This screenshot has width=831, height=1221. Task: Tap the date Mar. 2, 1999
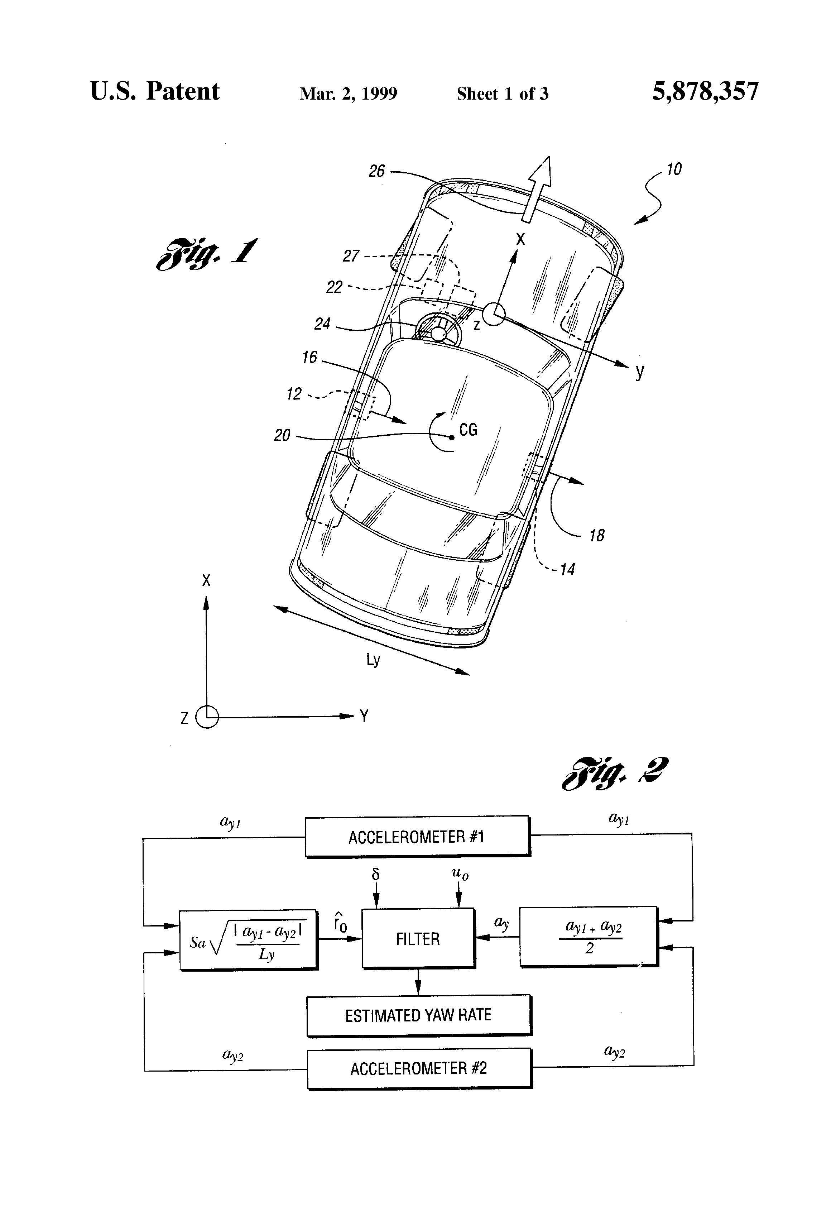348,94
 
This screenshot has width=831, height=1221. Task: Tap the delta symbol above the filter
375,874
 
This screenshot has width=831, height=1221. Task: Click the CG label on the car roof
468,430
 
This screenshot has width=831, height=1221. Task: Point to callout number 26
376,171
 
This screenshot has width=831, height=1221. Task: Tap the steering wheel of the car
438,332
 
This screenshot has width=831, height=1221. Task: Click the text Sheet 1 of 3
502,94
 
